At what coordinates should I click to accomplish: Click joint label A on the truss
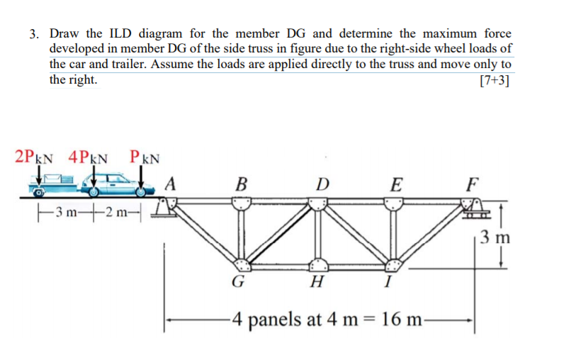click(170, 183)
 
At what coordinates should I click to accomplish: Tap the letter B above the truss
click(242, 186)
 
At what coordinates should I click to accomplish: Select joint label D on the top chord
click(322, 186)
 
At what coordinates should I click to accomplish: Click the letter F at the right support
click(473, 186)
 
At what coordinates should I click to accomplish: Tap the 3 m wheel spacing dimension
click(69, 211)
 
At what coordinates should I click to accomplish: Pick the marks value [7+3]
click(494, 79)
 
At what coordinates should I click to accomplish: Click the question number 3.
click(33, 33)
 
